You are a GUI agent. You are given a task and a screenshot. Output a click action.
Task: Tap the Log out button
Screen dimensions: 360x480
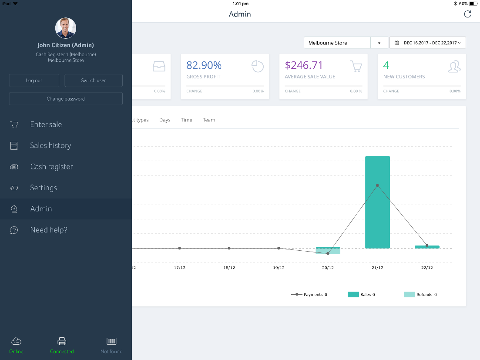[x=34, y=81]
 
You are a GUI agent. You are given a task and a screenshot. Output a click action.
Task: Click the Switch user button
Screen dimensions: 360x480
[x=93, y=81]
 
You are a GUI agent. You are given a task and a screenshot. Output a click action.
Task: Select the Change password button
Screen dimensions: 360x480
[x=66, y=99]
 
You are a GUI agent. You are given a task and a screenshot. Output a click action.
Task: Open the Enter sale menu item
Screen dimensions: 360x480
[x=46, y=124]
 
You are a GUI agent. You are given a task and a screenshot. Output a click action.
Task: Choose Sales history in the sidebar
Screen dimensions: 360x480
[x=50, y=145]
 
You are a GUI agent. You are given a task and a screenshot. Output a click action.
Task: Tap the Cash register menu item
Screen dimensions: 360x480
[x=51, y=167]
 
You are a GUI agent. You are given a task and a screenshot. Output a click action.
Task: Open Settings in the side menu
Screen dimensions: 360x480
[x=44, y=188]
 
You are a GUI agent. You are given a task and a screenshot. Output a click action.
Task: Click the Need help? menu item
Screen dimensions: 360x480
[x=49, y=230]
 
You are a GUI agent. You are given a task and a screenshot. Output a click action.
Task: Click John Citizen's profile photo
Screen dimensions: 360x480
[x=66, y=28]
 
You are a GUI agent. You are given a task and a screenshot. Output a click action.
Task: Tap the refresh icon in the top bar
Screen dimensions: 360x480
[x=467, y=14]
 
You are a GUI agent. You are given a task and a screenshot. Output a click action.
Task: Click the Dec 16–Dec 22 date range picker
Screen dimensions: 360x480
[x=427, y=43]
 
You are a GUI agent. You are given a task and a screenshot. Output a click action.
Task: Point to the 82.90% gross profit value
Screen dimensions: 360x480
[x=204, y=65]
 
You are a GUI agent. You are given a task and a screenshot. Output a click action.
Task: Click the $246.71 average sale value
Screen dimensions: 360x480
[x=304, y=65]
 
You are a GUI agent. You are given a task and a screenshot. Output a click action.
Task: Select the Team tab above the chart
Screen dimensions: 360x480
[x=209, y=120]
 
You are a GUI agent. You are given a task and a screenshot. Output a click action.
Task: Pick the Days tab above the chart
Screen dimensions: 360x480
[x=165, y=120]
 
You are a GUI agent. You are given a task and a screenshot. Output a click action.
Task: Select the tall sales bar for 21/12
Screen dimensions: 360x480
[x=377, y=202]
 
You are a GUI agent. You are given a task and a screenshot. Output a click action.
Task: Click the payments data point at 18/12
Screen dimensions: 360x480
[x=229, y=248]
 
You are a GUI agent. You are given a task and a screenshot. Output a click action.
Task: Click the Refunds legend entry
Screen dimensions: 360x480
[x=420, y=295]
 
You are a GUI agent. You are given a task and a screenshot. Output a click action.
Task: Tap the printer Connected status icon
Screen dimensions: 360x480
[x=62, y=341]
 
